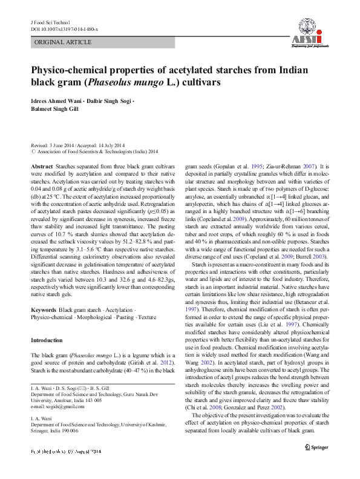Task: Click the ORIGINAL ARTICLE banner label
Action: pos(63,43)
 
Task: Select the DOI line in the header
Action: pos(64,29)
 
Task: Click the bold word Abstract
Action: pos(42,166)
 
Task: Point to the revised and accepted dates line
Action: pos(77,145)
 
